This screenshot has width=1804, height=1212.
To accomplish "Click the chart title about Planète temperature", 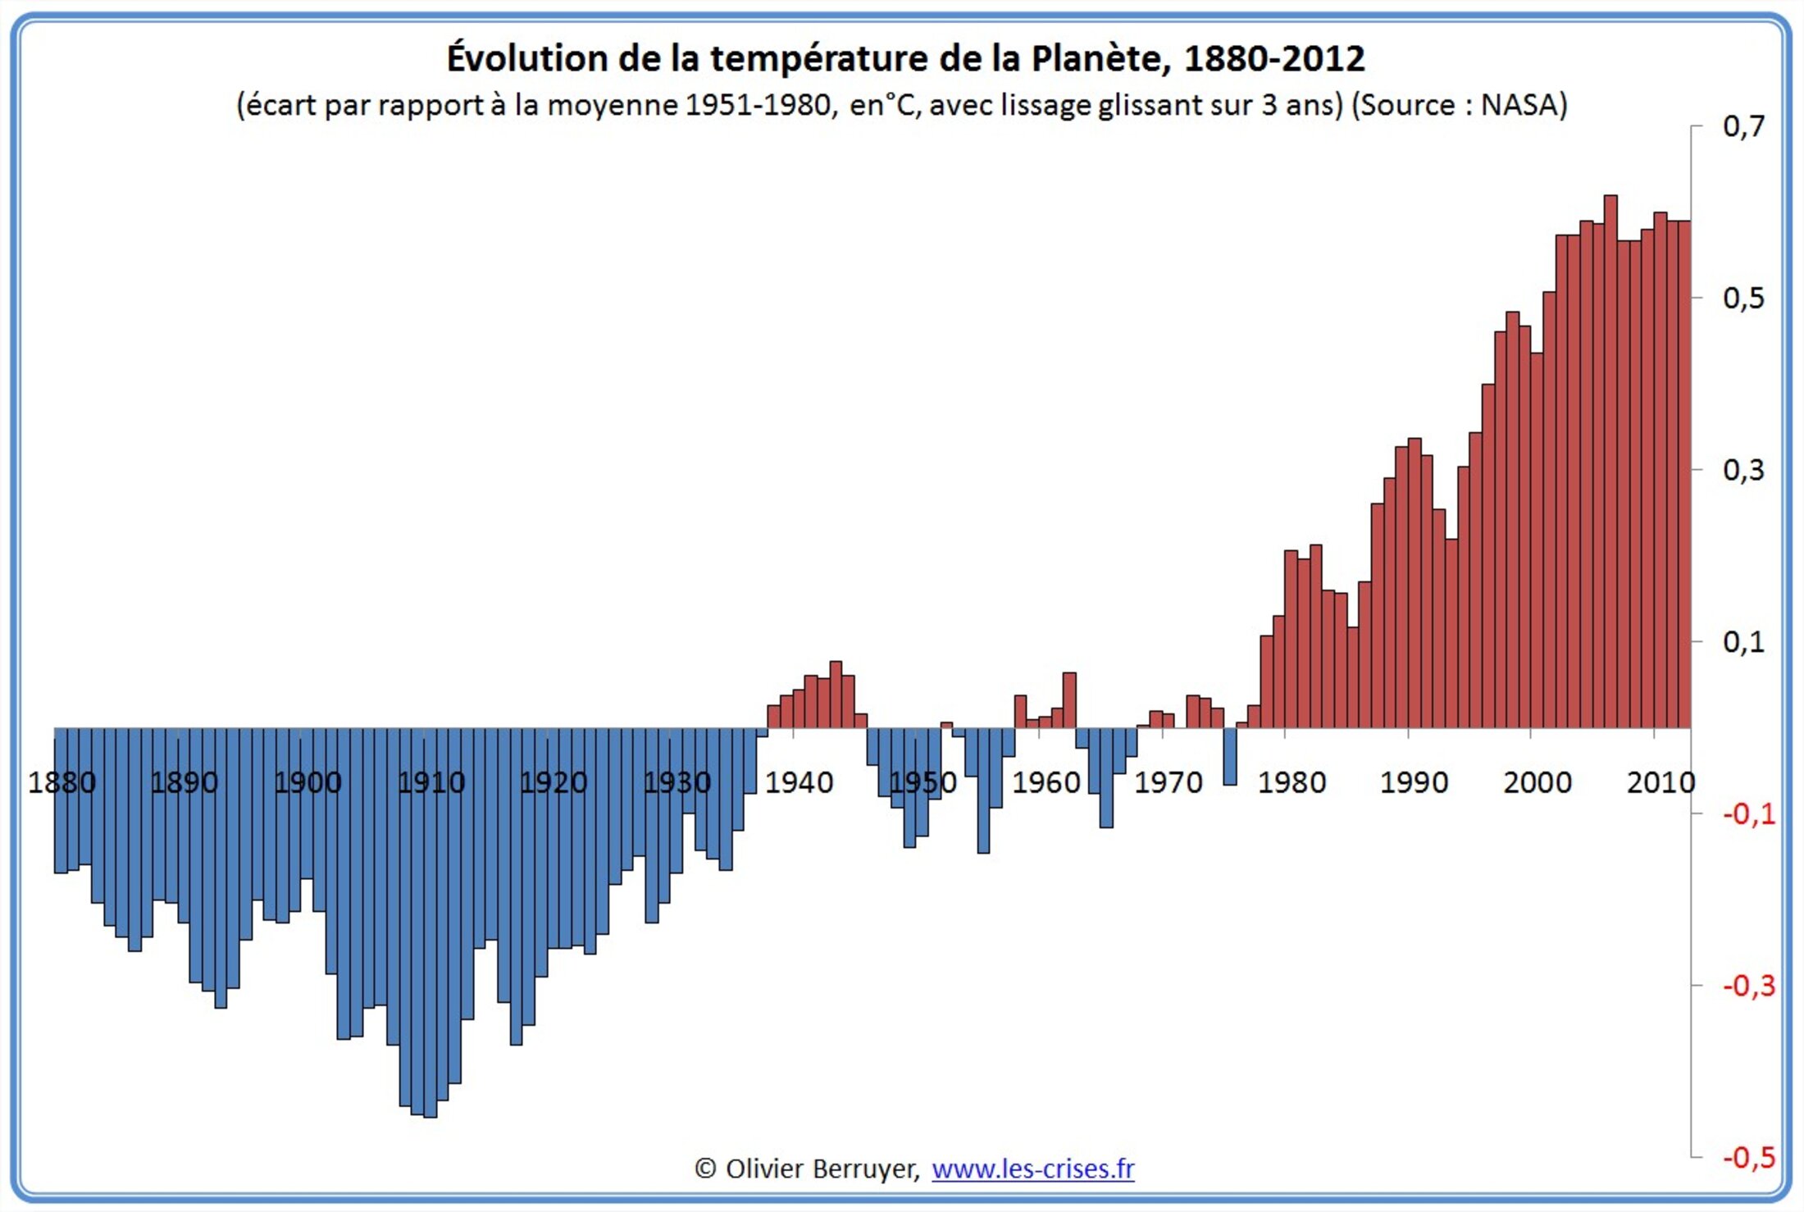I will pyautogui.click(x=905, y=58).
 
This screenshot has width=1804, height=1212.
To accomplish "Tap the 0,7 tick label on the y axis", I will pyautogui.click(x=1743, y=125).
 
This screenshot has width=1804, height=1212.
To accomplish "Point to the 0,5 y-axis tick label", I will pyautogui.click(x=1743, y=298).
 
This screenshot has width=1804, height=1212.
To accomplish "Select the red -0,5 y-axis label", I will pyautogui.click(x=1748, y=1157).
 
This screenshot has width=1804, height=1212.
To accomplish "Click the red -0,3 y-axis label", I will pyautogui.click(x=1748, y=985).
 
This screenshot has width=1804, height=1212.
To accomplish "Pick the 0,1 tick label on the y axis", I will pyautogui.click(x=1743, y=641).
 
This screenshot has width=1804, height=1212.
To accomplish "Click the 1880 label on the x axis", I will pyautogui.click(x=61, y=782).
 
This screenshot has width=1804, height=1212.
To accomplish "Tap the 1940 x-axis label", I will pyautogui.click(x=799, y=782).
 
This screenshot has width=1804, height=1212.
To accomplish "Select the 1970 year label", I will pyautogui.click(x=1168, y=782).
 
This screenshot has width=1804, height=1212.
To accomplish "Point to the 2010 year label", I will pyautogui.click(x=1660, y=782).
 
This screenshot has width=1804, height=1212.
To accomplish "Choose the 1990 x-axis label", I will pyautogui.click(x=1414, y=782).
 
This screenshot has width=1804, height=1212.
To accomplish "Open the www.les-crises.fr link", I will pyautogui.click(x=1032, y=1168).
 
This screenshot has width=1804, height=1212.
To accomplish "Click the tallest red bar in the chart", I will pyautogui.click(x=1610, y=459).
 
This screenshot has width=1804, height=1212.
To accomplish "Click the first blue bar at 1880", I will pyautogui.click(x=61, y=800).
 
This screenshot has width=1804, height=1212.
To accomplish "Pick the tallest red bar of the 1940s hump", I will pyautogui.click(x=836, y=694).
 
